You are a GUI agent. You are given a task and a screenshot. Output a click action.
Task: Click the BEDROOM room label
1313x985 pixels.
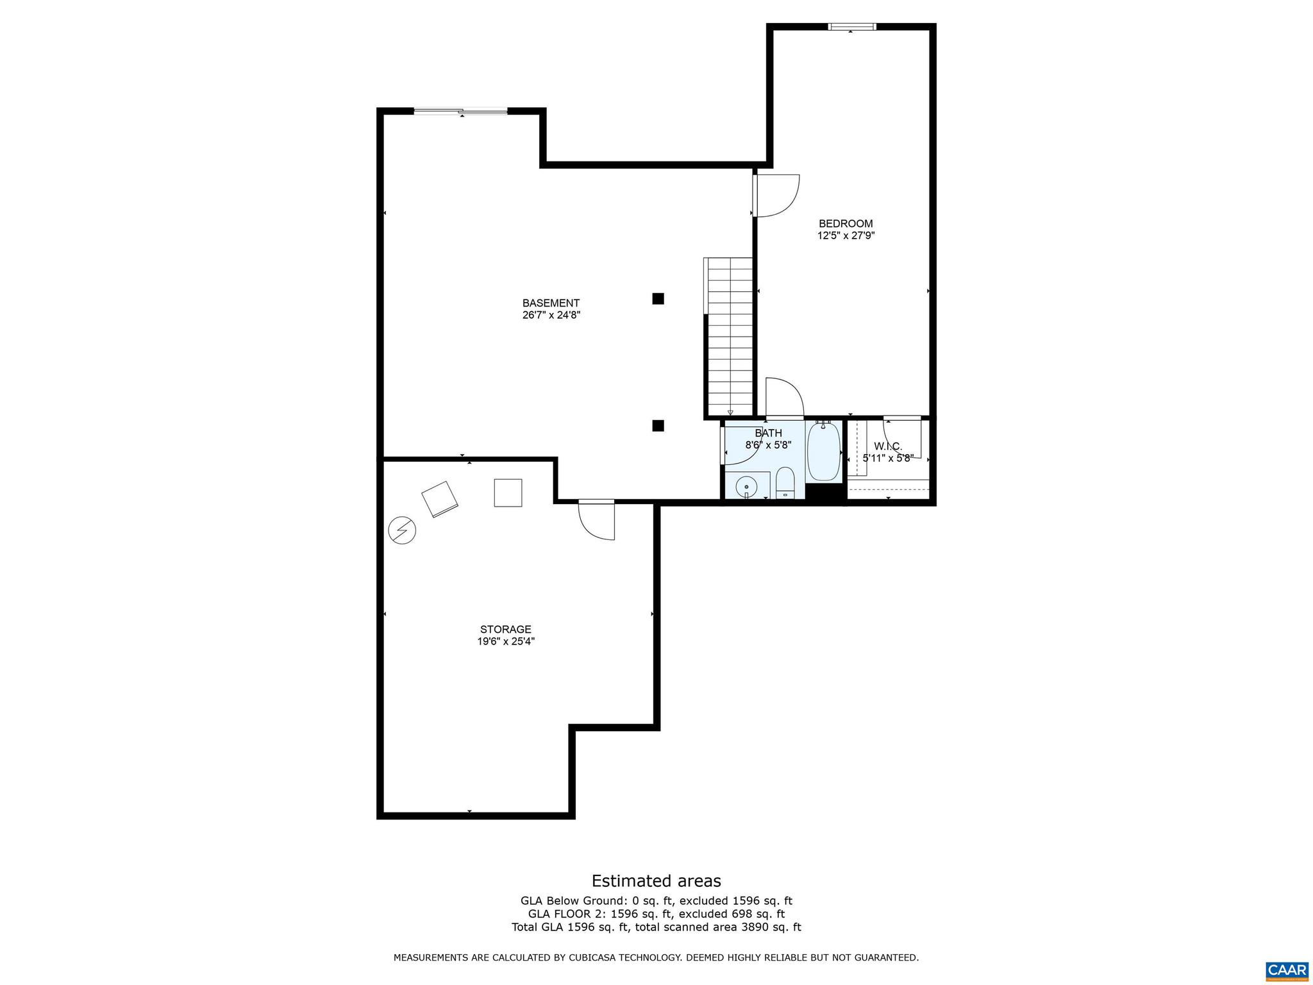845,223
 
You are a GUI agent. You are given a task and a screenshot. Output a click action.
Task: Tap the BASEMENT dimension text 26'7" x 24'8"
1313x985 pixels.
551,315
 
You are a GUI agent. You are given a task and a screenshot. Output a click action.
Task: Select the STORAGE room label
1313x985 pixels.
506,629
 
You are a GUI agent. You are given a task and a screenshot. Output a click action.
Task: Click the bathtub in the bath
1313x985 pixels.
824,451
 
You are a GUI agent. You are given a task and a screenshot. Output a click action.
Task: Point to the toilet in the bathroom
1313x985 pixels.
785,483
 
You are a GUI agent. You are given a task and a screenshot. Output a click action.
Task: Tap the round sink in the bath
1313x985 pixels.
747,487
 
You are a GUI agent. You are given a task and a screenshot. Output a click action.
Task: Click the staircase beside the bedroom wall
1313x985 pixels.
730,337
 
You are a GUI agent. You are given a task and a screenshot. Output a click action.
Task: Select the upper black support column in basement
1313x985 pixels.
658,298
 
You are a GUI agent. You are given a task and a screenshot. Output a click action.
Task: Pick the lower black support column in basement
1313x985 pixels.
658,425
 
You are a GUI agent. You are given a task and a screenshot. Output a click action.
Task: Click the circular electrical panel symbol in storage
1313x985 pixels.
402,530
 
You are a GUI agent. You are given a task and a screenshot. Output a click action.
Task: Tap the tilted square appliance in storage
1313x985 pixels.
440,499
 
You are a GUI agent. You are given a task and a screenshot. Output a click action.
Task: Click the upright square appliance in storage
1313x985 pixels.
508,492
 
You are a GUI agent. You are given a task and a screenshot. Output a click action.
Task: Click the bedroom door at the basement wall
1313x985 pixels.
776,196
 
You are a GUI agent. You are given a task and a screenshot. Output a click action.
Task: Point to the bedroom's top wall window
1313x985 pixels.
851,27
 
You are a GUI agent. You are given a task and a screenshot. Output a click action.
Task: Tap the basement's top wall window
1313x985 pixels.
460,112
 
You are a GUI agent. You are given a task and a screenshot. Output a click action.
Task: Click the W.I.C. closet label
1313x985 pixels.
887,446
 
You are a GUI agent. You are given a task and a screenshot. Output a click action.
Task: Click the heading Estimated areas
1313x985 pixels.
656,880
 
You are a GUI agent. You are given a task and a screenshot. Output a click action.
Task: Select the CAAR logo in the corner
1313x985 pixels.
1286,969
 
